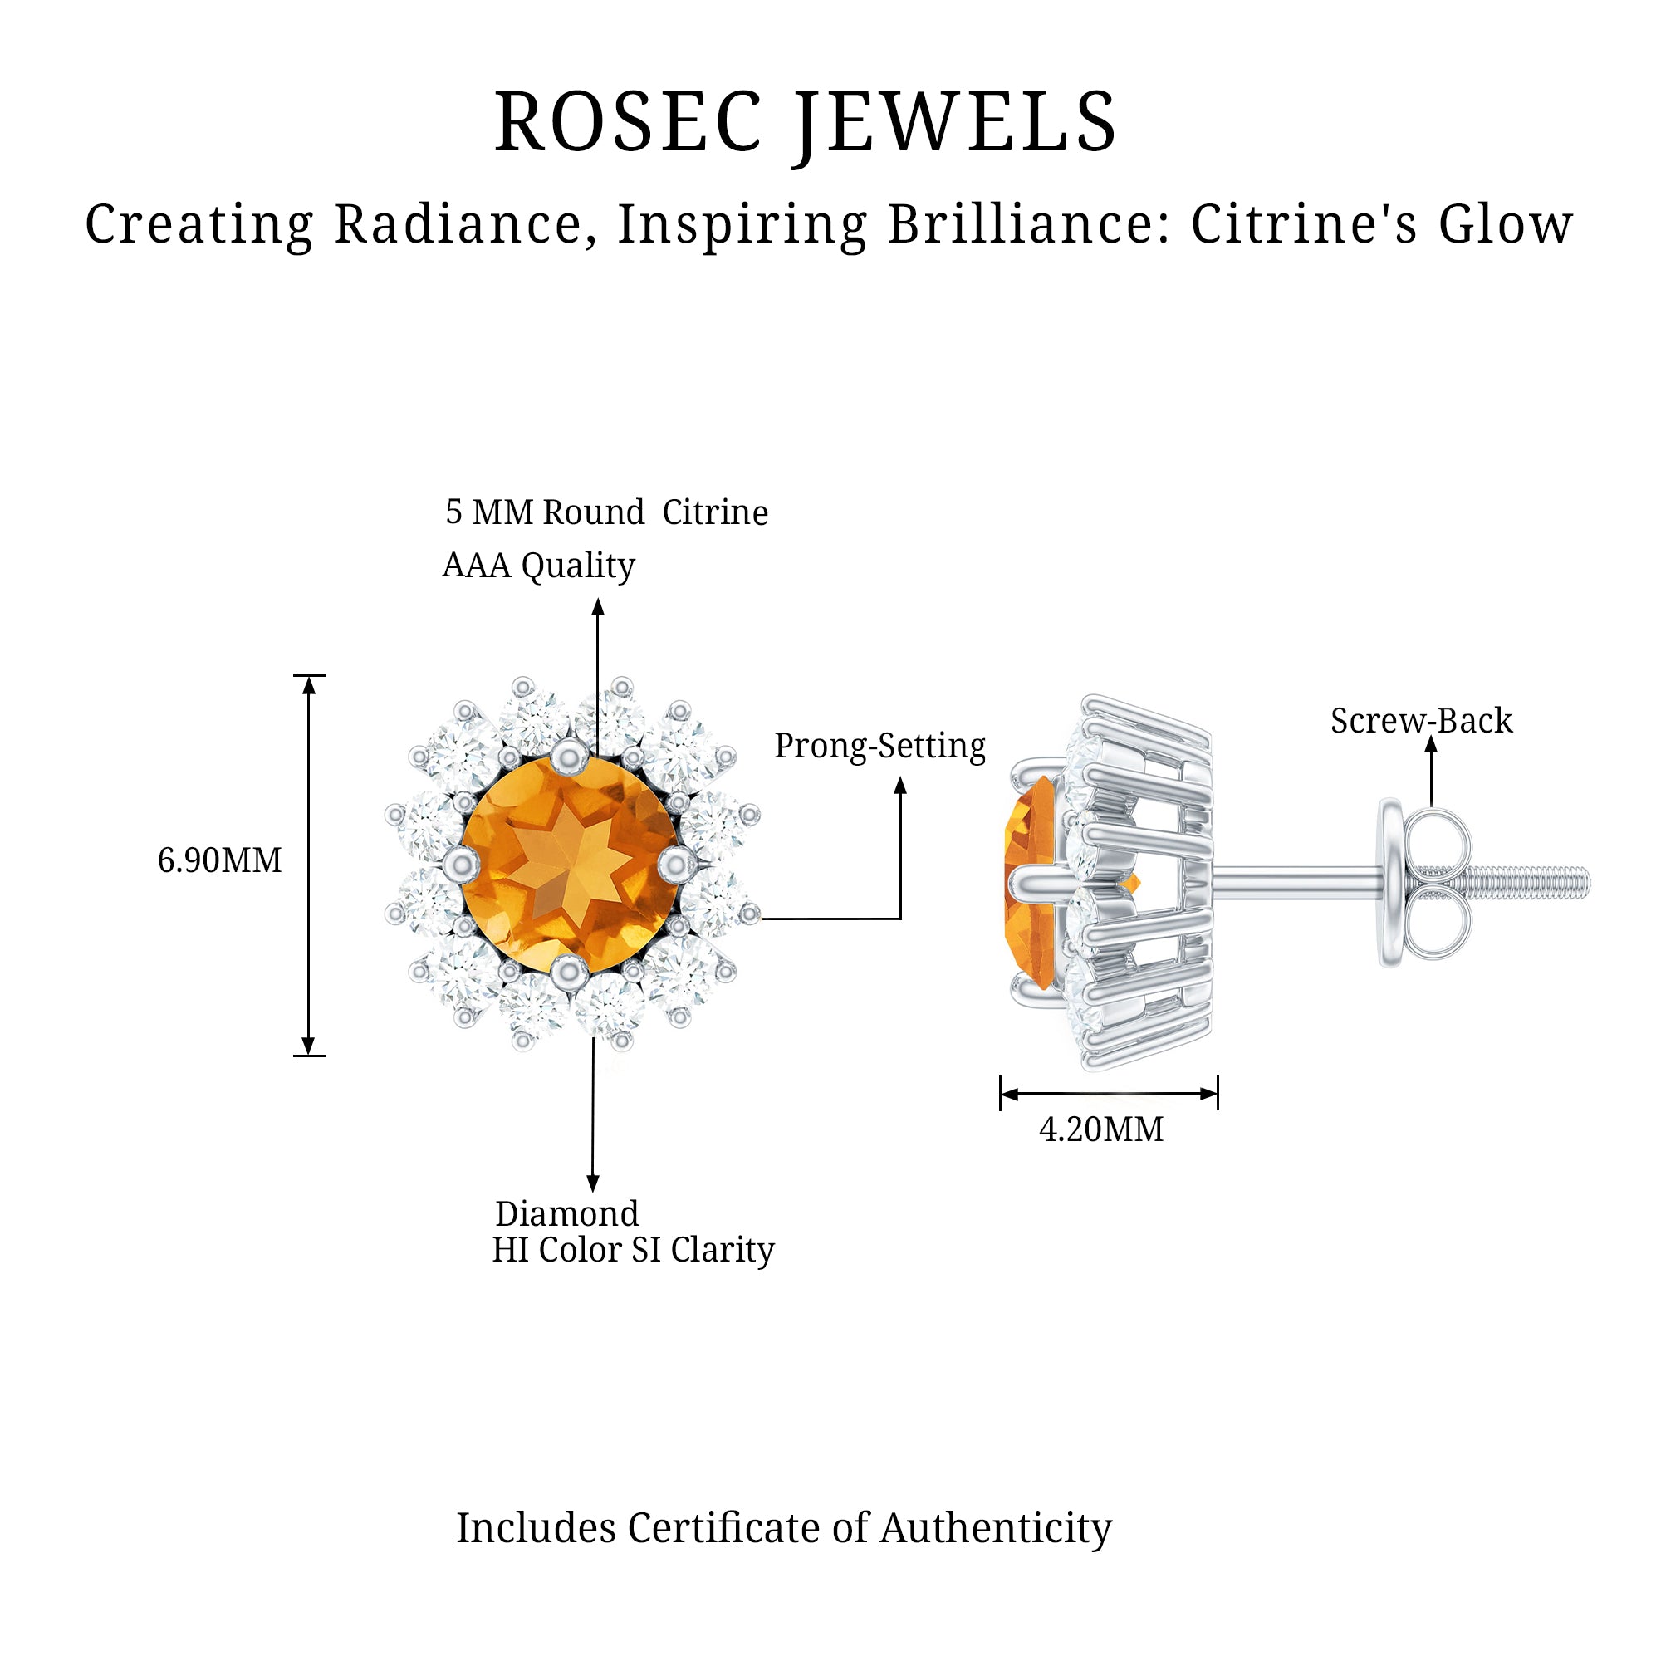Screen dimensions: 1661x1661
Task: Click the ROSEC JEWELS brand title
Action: [806, 123]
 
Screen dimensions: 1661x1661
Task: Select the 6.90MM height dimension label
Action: [219, 860]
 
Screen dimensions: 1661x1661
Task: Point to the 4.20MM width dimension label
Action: [1101, 1129]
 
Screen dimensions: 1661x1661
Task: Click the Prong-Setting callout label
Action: [879, 746]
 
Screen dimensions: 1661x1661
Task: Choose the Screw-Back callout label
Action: [1421, 720]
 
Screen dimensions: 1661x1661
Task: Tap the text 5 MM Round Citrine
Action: [606, 512]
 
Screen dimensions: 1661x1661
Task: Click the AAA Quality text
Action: [538, 565]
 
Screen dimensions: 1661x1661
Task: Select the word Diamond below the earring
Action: [566, 1214]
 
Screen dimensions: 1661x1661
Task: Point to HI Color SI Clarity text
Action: [633, 1250]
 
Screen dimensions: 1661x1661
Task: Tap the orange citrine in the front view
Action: [570, 864]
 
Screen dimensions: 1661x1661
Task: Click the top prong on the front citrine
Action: [569, 757]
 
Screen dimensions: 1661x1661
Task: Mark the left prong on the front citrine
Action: [462, 863]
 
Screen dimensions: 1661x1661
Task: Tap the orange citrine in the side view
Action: [1030, 881]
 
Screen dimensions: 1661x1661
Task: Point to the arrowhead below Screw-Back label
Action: [1432, 744]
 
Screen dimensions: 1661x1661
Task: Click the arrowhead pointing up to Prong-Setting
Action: [901, 785]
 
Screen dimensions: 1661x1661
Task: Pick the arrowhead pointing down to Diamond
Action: [593, 1183]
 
